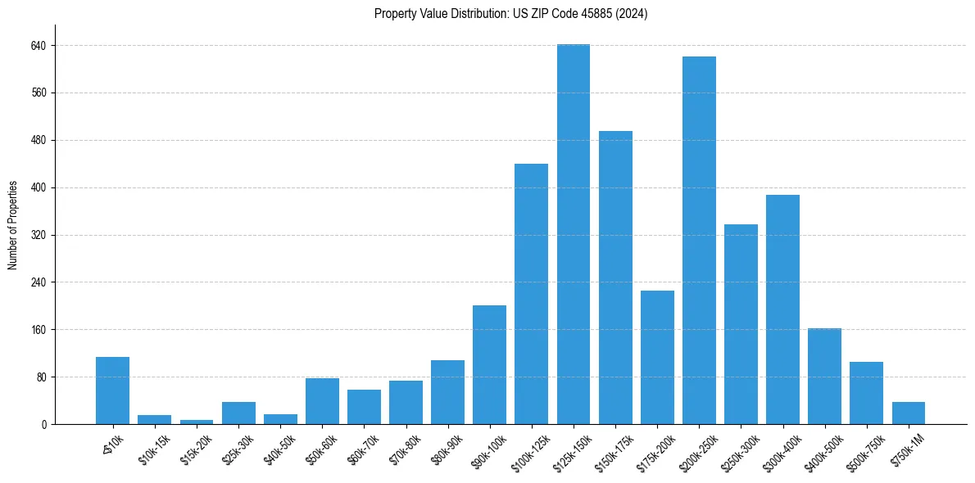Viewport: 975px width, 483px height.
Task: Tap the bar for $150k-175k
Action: coord(615,278)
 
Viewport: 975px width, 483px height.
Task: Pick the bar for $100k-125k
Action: coord(531,294)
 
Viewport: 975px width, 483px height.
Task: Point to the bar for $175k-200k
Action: coord(657,357)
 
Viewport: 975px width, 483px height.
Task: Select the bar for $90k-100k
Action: coord(489,364)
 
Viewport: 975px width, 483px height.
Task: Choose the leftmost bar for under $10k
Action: coord(112,390)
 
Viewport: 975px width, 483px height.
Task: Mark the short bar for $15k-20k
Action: coord(196,422)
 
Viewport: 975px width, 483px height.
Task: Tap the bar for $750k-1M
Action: coord(908,413)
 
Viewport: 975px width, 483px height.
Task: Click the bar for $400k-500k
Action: coord(824,376)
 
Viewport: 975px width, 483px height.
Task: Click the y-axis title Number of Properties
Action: coord(13,224)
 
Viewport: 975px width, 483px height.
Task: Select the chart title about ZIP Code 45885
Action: coord(510,14)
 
